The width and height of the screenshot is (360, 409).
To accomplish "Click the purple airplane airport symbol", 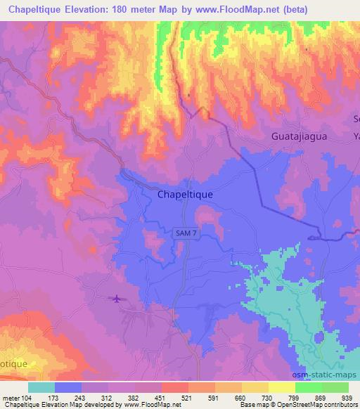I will [116, 299].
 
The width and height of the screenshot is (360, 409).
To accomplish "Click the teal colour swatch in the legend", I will [41, 387].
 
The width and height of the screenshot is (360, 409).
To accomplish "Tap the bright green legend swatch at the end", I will [335, 387].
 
